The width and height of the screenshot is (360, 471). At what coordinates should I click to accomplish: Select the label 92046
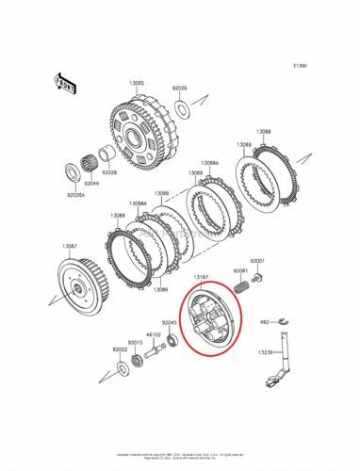pos(91,156)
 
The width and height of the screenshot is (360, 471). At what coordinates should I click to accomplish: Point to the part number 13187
pos(201,278)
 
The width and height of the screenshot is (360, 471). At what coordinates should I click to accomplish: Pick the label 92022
pos(120,349)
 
